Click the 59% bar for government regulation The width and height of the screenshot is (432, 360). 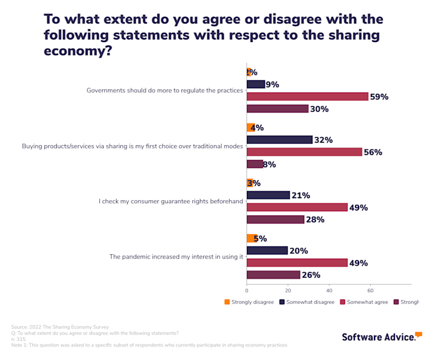307,96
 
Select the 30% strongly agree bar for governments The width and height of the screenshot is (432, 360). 277,109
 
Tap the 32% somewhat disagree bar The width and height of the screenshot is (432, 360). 279,140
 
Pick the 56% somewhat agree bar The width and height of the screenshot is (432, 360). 304,152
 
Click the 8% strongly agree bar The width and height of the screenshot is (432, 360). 254,164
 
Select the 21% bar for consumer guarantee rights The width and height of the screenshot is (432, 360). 268,195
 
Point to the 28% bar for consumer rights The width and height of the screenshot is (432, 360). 275,220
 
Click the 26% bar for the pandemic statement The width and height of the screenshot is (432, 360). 273,275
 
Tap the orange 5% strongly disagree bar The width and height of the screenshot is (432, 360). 251,238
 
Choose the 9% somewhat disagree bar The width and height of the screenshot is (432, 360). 255,84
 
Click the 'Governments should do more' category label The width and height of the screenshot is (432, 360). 165,91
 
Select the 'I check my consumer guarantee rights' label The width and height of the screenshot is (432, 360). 171,201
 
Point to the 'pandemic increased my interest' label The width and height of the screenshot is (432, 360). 176,256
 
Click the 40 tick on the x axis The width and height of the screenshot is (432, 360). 329,290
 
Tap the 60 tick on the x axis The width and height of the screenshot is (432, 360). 370,290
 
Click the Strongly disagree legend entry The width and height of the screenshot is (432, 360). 249,302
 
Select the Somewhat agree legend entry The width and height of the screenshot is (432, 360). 365,302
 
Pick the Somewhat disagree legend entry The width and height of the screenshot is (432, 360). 307,302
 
